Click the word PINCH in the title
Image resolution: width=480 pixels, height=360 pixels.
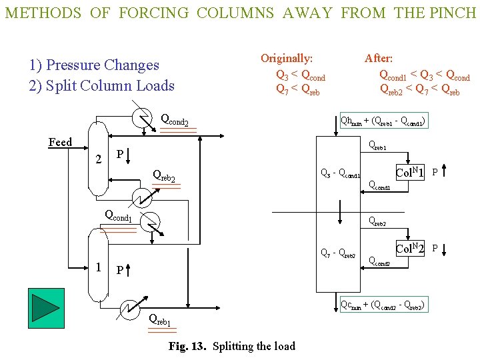coord(453,13)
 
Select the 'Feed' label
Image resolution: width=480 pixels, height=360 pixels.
coord(60,142)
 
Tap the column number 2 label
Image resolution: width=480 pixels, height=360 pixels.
coord(98,159)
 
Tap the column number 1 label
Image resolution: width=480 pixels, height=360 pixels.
coord(98,267)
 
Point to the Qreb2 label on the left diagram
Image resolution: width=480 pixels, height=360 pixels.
coord(164,176)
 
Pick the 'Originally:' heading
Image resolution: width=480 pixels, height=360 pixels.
coord(287,59)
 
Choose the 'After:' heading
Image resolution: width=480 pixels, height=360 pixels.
coord(378,59)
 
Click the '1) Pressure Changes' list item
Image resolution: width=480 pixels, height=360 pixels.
coord(94,65)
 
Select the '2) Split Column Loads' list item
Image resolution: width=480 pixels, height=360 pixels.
coord(101,85)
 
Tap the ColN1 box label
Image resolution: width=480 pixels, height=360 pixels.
coord(411,172)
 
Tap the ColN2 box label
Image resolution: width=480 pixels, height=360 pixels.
coord(411,249)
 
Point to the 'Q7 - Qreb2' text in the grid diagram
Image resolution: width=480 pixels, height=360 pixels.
coord(339,253)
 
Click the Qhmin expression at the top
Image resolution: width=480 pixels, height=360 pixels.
coord(383,121)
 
